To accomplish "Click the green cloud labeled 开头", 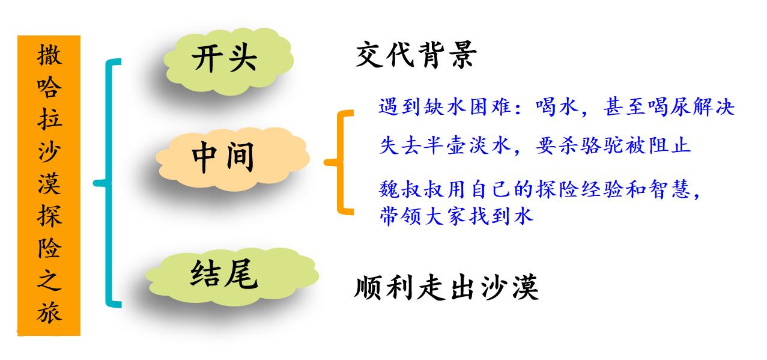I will (x=225, y=59).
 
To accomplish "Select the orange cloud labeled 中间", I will (x=225, y=157).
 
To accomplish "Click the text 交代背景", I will (x=416, y=56).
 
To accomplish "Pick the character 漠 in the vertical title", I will (x=49, y=185).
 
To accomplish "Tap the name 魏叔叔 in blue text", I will (x=408, y=191).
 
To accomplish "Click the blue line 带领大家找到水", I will (x=456, y=216).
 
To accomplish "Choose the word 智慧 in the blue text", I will (x=676, y=191).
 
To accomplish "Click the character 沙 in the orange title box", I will (x=49, y=153).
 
